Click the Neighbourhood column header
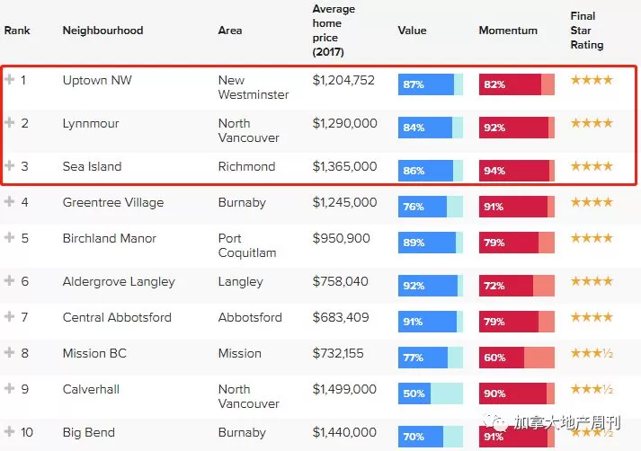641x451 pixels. pyautogui.click(x=102, y=31)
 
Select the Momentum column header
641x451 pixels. pyautogui.click(x=508, y=31)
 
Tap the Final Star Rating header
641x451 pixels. pyautogui.click(x=587, y=31)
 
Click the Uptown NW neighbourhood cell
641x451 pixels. pyautogui.click(x=97, y=80)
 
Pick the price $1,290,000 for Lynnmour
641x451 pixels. pyautogui.click(x=344, y=123)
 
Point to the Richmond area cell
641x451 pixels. pyautogui.click(x=246, y=166)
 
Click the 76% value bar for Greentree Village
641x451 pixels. pyautogui.click(x=431, y=207)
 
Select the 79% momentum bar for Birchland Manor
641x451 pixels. pyautogui.click(x=517, y=243)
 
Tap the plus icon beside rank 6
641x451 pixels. pyautogui.click(x=9, y=280)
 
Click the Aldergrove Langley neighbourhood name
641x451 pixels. pyautogui.click(x=119, y=282)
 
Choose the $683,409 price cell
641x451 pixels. pyautogui.click(x=341, y=317)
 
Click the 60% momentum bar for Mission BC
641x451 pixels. pyautogui.click(x=517, y=358)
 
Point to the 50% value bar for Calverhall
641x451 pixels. pyautogui.click(x=431, y=394)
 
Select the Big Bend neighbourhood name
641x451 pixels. pyautogui.click(x=89, y=433)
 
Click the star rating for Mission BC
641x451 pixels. pyautogui.click(x=592, y=353)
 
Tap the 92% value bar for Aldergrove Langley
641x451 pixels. pyautogui.click(x=431, y=286)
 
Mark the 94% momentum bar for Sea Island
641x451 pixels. pyautogui.click(x=517, y=171)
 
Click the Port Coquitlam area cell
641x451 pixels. pyautogui.click(x=247, y=245)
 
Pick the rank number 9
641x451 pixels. pyautogui.click(x=25, y=389)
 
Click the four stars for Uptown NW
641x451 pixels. pyautogui.click(x=592, y=80)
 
